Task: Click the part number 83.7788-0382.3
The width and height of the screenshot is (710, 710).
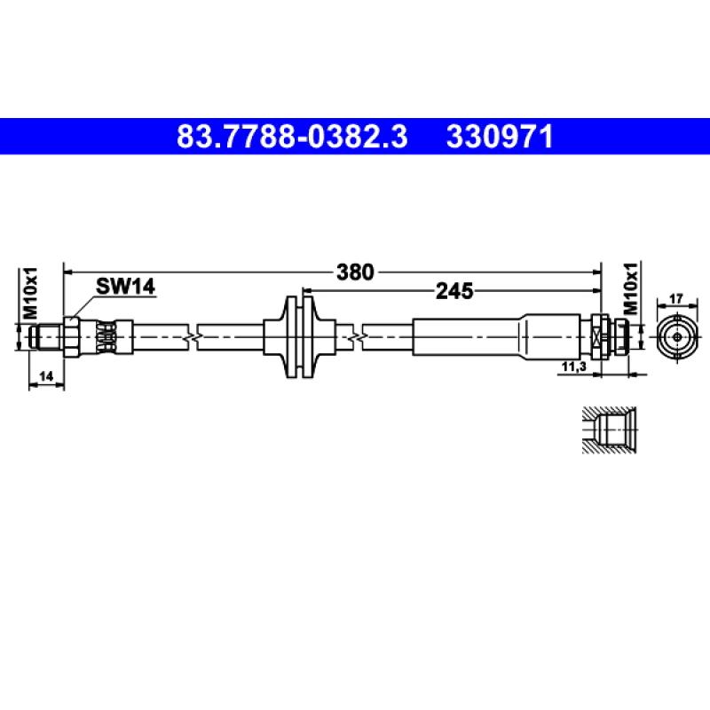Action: click(x=292, y=137)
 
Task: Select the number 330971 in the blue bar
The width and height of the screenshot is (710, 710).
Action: click(x=500, y=137)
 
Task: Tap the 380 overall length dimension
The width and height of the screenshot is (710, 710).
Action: click(x=355, y=272)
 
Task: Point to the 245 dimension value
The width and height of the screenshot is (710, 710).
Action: click(x=454, y=291)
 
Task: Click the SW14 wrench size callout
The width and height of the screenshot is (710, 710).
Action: click(x=125, y=286)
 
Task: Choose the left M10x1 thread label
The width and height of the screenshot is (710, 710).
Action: click(x=30, y=293)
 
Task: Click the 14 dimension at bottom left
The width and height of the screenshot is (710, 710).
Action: click(x=46, y=375)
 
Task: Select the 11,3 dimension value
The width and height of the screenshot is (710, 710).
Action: click(x=573, y=367)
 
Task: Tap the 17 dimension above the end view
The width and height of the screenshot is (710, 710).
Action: click(x=675, y=299)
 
